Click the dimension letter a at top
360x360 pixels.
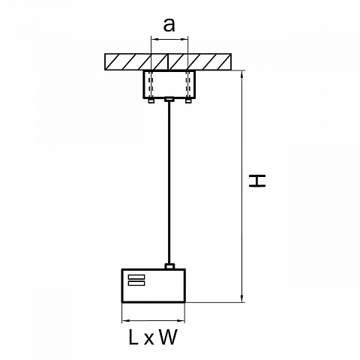click(169, 25)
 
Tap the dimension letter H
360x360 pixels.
click(257, 181)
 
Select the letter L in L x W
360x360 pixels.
click(133, 337)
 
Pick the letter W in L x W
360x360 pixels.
click(168, 337)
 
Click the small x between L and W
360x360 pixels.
click(148, 339)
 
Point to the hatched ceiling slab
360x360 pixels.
click(168, 61)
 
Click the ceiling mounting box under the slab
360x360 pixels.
click(169, 85)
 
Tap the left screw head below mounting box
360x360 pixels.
click(151, 100)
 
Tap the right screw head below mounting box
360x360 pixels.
click(188, 100)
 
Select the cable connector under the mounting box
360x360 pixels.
click(169, 99)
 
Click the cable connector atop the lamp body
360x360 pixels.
click(169, 266)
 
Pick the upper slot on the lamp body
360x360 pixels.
click(136, 277)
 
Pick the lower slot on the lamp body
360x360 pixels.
click(136, 283)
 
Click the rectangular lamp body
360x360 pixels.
click(154, 286)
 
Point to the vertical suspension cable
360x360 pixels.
click(169, 182)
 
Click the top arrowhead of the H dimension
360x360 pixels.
click(241, 74)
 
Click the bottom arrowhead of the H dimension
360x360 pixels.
click(241, 298)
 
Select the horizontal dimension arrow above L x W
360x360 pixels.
click(153, 320)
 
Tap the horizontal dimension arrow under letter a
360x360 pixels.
click(169, 39)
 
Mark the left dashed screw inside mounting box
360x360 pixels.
click(151, 85)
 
